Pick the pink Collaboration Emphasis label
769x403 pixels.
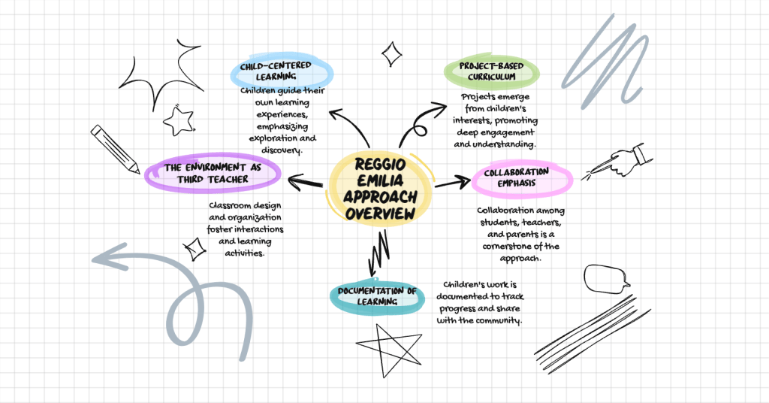point(522,177)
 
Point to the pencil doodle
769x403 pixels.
point(115,148)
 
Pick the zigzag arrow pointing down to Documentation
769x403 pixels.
point(375,253)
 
